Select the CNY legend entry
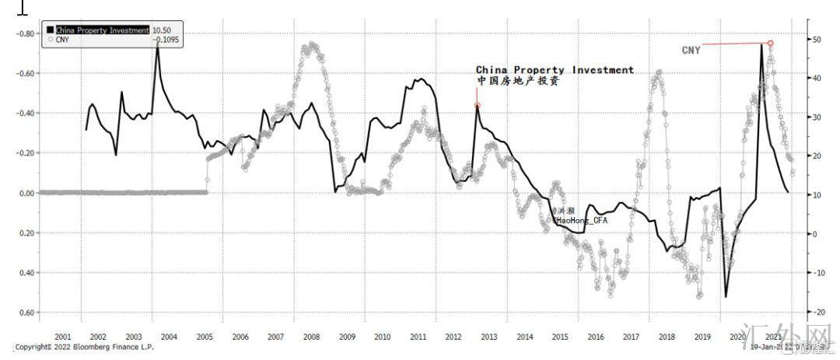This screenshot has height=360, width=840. (63, 39)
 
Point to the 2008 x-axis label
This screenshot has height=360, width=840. (311, 337)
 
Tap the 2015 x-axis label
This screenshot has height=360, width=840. (560, 337)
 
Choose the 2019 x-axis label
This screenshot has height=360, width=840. (702, 337)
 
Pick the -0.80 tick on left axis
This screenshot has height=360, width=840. (26, 33)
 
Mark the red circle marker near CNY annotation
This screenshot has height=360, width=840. (770, 44)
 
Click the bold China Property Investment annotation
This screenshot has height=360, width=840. (555, 70)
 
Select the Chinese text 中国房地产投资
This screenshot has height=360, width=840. (517, 81)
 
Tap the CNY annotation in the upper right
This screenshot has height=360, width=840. (691, 51)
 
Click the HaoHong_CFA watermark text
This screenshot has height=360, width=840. (579, 220)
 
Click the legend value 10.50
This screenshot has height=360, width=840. (161, 30)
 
